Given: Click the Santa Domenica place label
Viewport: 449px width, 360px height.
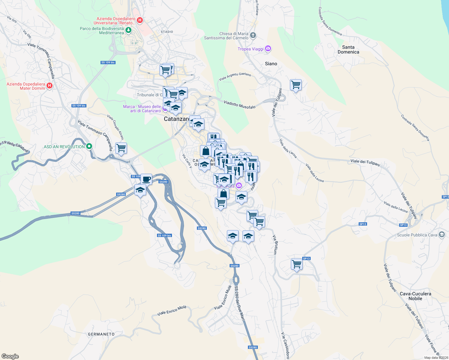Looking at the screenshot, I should (348, 49).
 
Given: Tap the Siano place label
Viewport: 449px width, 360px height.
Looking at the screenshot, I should (271, 64).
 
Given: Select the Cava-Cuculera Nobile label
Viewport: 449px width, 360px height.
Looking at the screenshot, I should (415, 296).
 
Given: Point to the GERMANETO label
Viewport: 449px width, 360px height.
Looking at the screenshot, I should (101, 334).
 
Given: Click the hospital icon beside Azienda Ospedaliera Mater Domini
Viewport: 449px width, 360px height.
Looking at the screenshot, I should (50, 86).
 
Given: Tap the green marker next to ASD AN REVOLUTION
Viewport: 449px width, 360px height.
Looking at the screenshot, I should (89, 146).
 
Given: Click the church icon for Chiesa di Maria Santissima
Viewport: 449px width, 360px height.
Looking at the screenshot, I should (253, 36).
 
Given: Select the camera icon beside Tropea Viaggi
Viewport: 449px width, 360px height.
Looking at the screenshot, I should (268, 49).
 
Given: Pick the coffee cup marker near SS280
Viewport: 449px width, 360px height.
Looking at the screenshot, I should (146, 179).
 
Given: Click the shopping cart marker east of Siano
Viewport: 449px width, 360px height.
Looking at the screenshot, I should (296, 85).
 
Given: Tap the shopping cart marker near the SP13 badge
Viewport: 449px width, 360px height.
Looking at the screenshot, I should (297, 264).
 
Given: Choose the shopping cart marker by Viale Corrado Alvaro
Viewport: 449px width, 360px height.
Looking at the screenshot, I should (121, 148).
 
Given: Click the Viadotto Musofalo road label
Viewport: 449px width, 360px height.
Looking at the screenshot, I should (240, 105).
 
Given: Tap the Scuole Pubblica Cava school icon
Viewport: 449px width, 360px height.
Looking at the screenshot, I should (441, 235).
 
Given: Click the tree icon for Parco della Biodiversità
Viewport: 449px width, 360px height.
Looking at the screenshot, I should (128, 30).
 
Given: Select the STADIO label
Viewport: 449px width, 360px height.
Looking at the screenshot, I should (167, 32).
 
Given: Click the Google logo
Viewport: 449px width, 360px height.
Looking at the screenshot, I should (10, 356).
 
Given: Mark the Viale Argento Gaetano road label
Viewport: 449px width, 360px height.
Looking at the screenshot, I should (235, 76).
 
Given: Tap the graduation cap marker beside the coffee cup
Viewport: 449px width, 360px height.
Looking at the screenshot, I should (140, 190).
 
